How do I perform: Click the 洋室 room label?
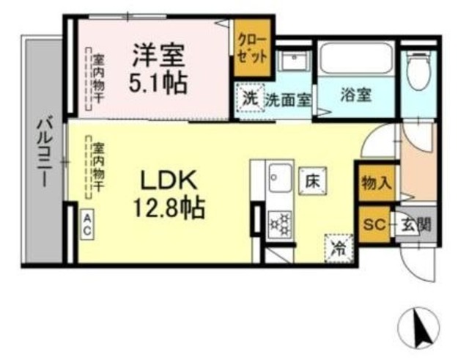click(159, 54)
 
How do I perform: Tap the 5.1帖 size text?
click(159, 81)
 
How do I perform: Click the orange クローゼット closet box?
click(251, 48)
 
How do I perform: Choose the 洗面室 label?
click(288, 99)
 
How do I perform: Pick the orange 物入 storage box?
click(376, 183)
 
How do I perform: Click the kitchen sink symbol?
click(280, 178)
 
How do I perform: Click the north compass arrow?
click(421, 328)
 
